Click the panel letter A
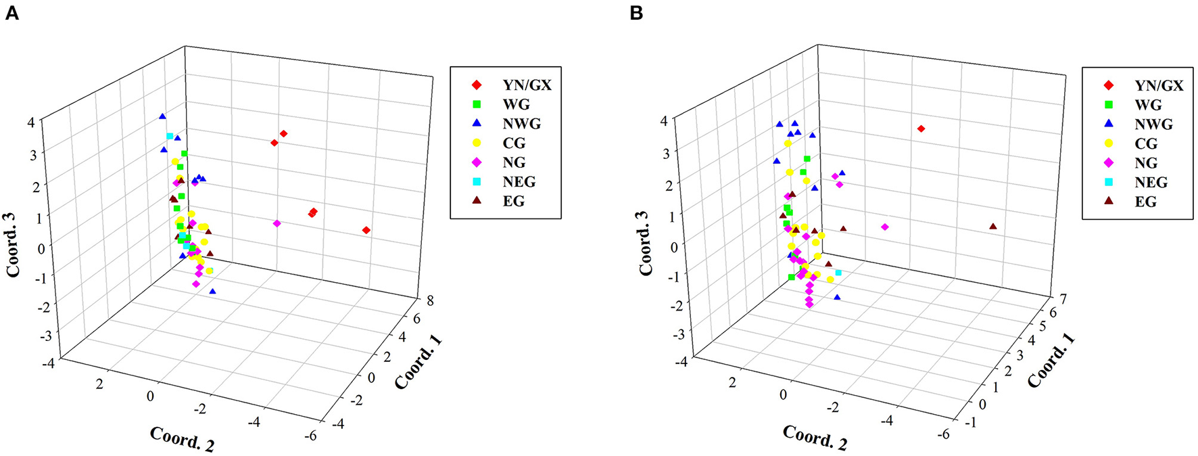pos(11,13)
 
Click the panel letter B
pos(636,13)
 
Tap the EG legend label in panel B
pos(1145,202)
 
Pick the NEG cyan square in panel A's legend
pos(476,182)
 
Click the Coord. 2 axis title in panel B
pos(815,438)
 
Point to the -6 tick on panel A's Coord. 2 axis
pos(310,436)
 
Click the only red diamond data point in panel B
pos(921,129)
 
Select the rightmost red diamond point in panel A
pos(366,230)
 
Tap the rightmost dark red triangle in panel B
pos(992,226)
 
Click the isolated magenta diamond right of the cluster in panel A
pos(277,223)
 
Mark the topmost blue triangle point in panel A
pos(162,116)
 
